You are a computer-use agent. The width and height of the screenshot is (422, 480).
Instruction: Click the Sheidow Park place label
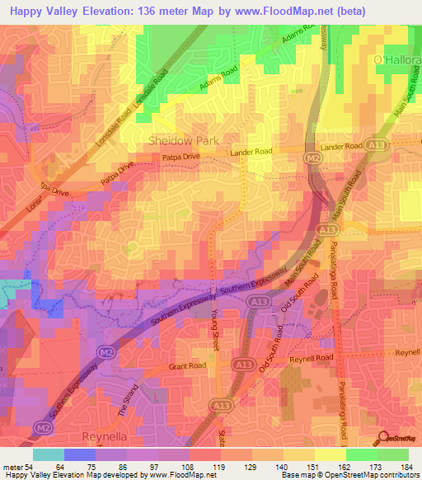coord(184,140)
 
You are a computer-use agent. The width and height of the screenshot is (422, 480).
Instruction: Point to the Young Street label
coord(215,315)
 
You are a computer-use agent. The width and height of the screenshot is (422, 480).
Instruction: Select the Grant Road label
coord(183,365)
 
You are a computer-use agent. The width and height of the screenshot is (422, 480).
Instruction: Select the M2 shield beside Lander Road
coord(314,158)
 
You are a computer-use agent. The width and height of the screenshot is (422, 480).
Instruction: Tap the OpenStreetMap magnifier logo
coord(382,436)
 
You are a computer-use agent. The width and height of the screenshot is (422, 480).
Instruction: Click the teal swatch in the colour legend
coord(49,454)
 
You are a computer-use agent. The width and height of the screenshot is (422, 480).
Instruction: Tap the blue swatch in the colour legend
coord(80,454)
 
